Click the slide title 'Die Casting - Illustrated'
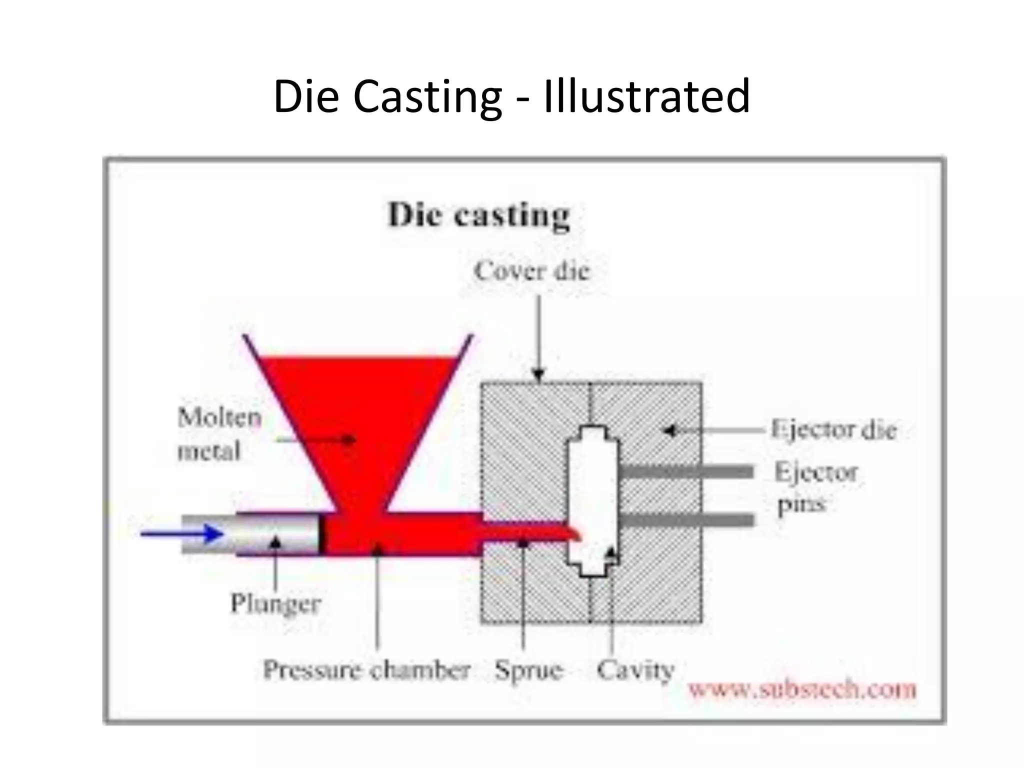[x=511, y=96]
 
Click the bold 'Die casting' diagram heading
[x=478, y=216]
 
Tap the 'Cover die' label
[x=532, y=271]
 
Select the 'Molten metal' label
[x=219, y=433]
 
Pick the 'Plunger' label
[x=275, y=603]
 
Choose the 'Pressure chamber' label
[x=366, y=670]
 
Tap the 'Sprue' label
[x=528, y=670]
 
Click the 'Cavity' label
[x=635, y=670]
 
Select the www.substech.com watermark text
[x=802, y=690]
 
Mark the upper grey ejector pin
[x=686, y=471]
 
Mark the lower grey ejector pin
[x=686, y=520]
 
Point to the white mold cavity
[x=592, y=485]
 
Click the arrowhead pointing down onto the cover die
[x=538, y=374]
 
